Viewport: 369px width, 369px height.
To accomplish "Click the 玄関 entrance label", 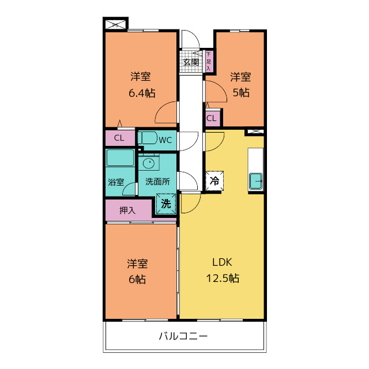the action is point(191,62).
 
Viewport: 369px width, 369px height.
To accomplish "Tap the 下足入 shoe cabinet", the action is point(209,62).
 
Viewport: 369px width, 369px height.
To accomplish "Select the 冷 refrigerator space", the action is point(214,180).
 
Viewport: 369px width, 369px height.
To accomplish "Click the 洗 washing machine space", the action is point(166,204).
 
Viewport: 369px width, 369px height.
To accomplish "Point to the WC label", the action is point(165,140).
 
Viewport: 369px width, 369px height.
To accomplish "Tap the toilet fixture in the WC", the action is point(148,138).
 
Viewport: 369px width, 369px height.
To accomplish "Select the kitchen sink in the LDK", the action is point(256,181).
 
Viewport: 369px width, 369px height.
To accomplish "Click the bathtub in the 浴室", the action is point(120,157).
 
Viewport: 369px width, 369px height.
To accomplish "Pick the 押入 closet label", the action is point(127,210).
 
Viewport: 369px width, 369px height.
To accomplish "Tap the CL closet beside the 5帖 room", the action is point(211,118).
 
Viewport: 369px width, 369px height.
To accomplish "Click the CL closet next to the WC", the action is point(119,138).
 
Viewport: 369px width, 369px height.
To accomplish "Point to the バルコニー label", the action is point(183,336).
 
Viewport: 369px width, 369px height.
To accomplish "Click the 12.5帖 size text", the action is point(223,278).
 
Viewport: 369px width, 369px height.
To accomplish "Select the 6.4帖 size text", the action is point(142,93).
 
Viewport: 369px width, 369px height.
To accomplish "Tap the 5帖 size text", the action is point(241,92).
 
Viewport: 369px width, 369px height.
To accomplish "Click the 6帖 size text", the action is point(137,279).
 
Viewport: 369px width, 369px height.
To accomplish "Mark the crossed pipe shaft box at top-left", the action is point(115,24).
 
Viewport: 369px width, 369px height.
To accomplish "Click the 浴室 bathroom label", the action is point(116,182).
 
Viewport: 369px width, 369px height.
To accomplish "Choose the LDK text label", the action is point(222,262).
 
